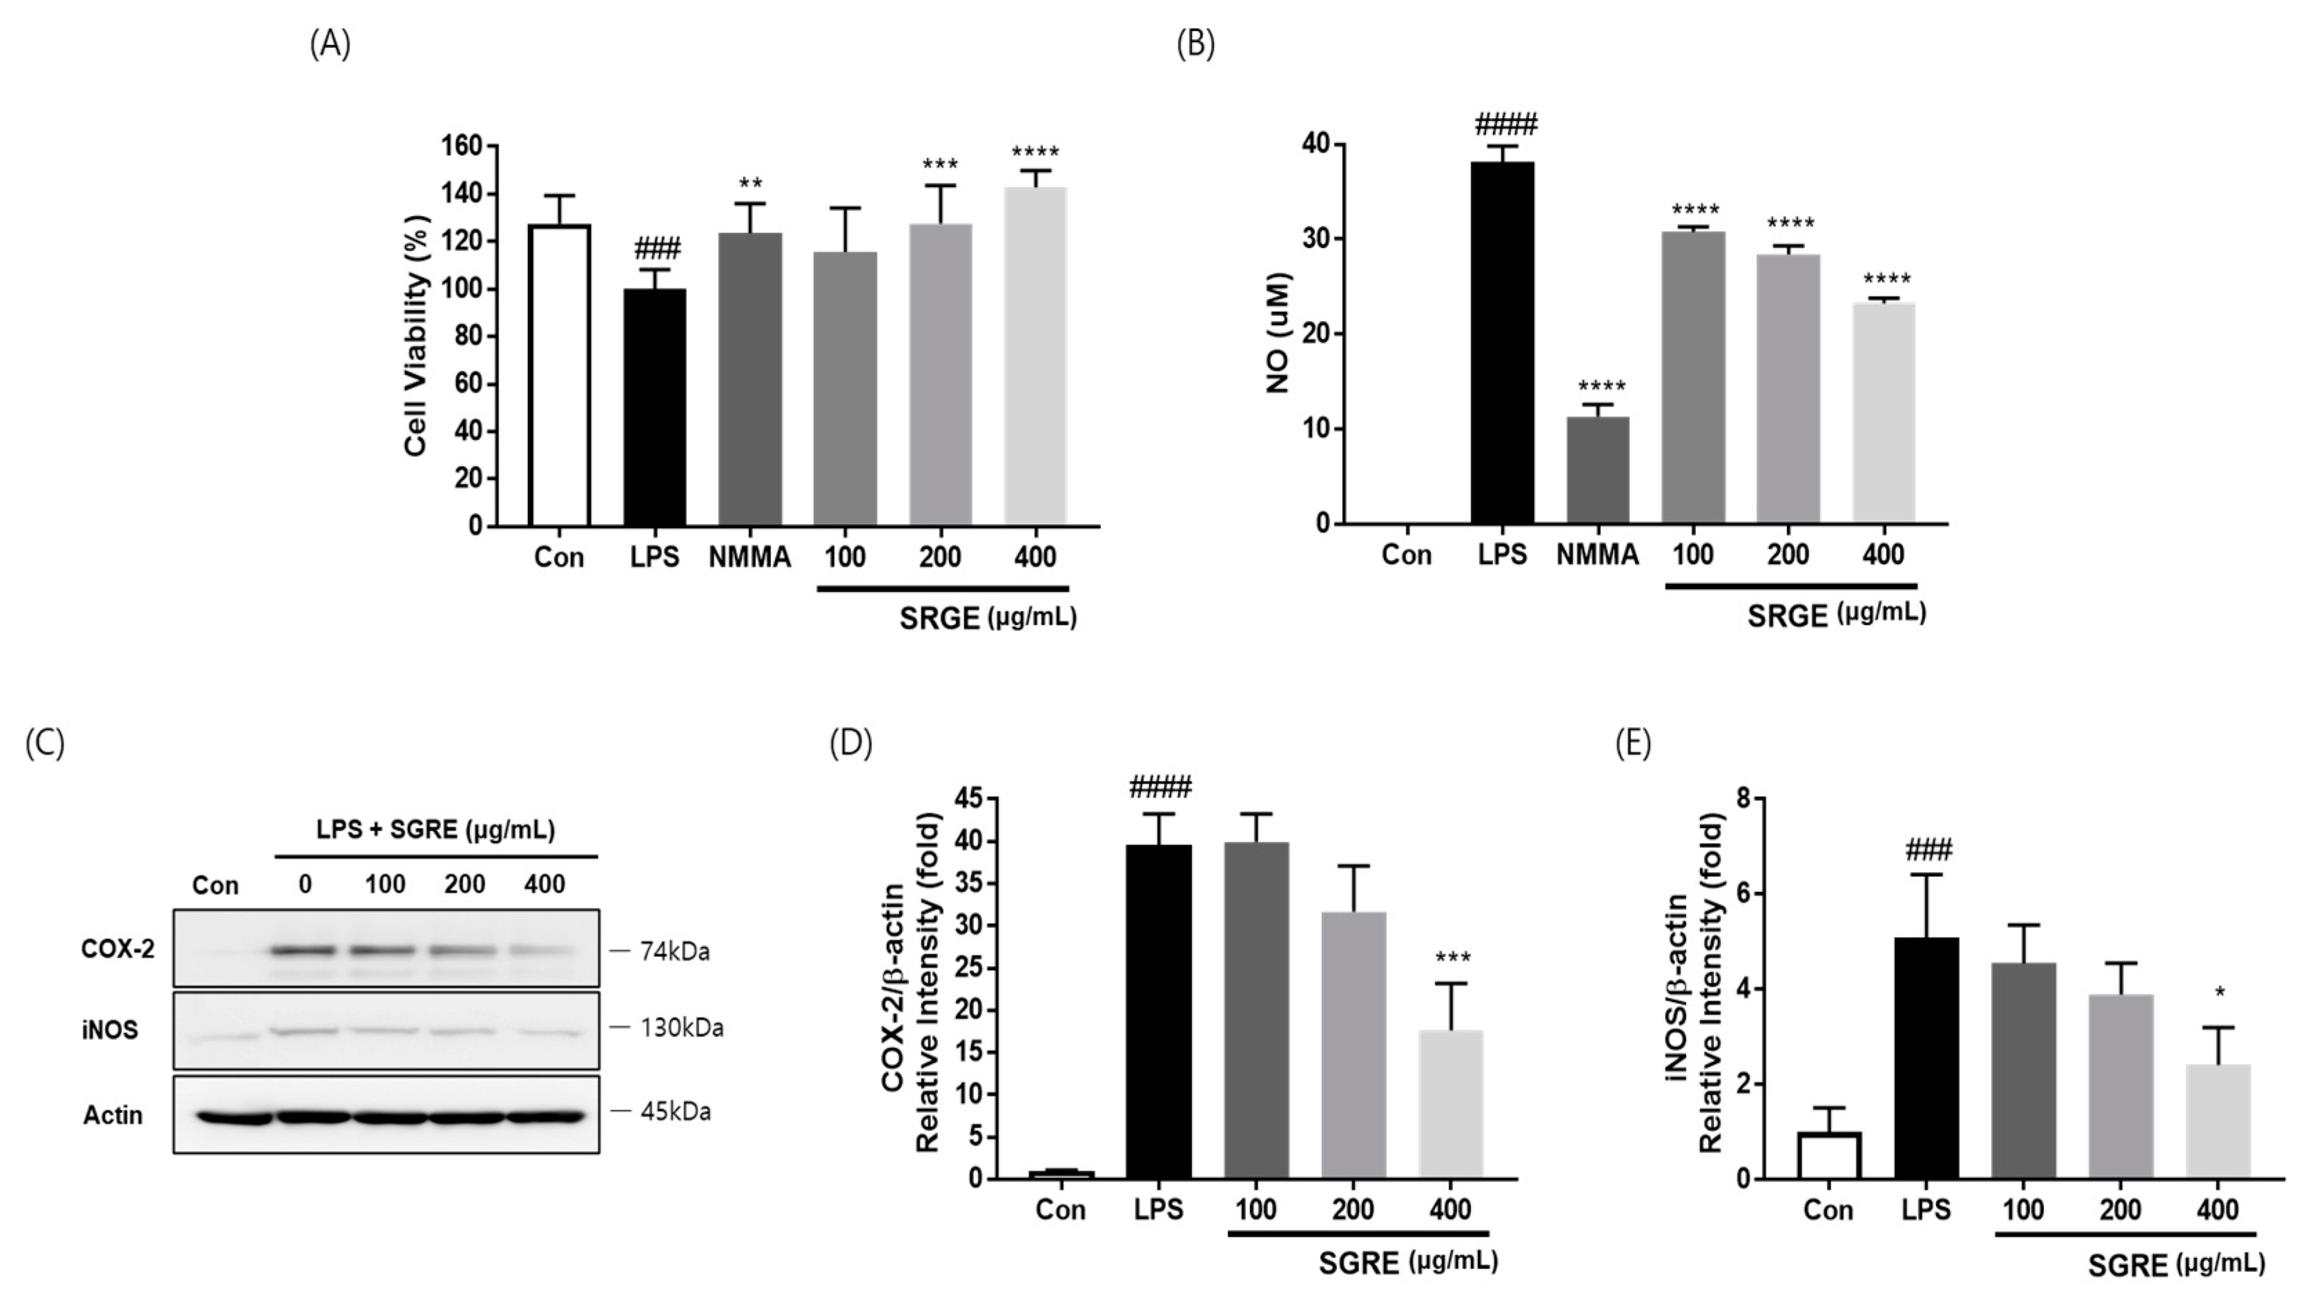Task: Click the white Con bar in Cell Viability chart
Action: coord(559,376)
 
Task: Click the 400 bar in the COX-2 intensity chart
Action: coord(1450,1104)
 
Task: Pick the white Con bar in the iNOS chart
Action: coord(1828,1156)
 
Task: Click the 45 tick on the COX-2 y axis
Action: coord(968,798)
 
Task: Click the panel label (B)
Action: coord(1196,43)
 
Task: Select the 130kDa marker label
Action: coord(681,1028)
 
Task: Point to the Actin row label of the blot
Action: coord(113,1114)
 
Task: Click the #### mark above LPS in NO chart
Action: coord(1505,124)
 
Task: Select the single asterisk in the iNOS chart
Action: coord(2220,993)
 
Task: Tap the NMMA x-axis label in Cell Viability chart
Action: coord(749,558)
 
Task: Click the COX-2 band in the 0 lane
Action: coord(306,950)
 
